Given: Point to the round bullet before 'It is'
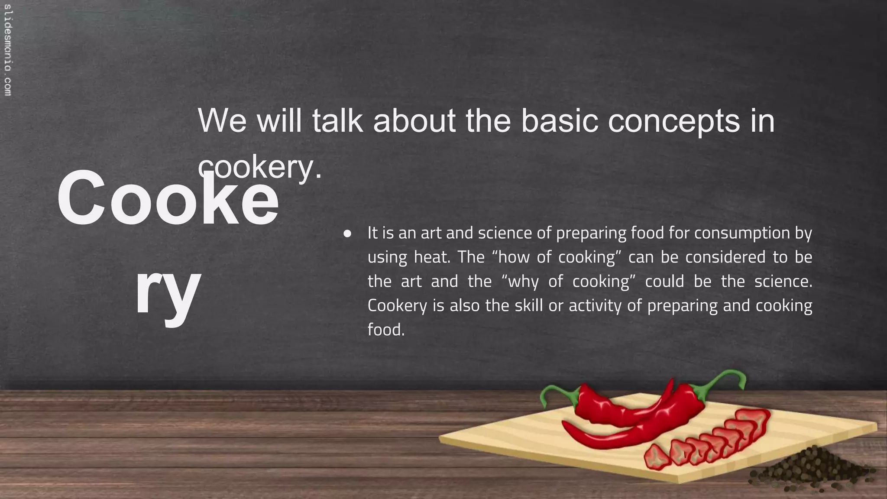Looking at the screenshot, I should [347, 234].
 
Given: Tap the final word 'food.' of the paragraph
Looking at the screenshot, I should [386, 330].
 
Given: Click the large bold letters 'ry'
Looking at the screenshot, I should [168, 289].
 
